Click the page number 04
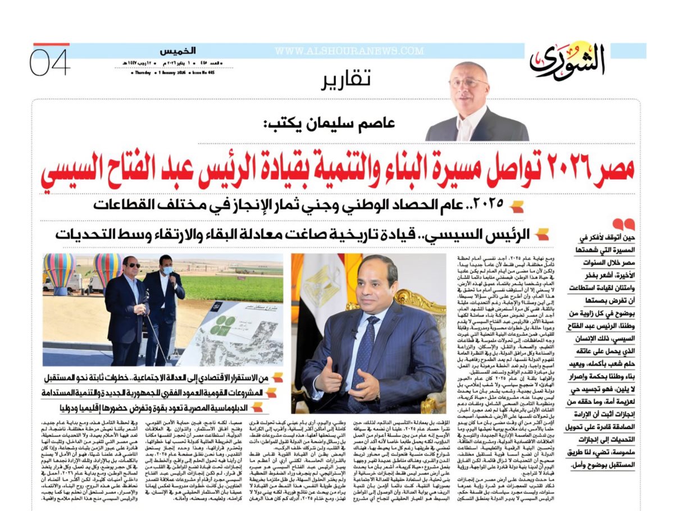click(50, 61)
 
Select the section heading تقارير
click(345, 81)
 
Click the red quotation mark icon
click(624, 226)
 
